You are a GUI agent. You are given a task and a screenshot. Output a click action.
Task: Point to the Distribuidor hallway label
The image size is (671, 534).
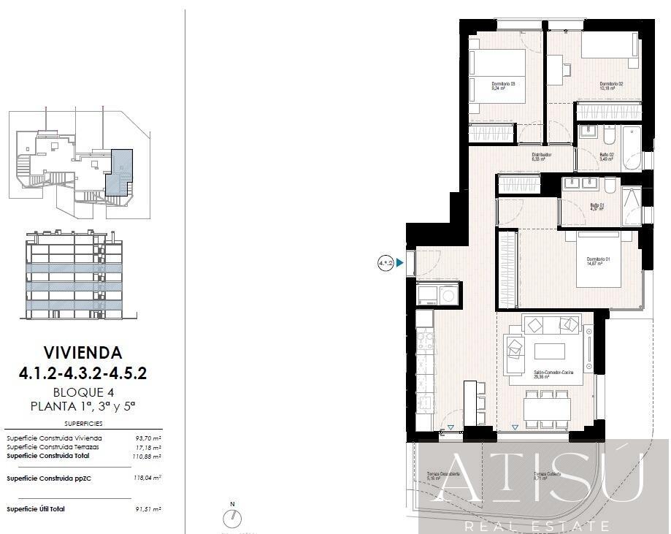click(541, 156)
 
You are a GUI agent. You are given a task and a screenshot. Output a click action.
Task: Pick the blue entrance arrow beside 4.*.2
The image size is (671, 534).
click(399, 262)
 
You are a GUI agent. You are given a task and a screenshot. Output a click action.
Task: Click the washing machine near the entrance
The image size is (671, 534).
click(447, 295)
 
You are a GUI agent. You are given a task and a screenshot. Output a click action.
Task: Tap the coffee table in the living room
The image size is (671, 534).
click(549, 351)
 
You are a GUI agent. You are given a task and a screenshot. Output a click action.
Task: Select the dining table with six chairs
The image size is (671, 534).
click(547, 407)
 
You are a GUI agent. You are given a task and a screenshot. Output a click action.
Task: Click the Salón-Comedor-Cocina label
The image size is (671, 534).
click(553, 375)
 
